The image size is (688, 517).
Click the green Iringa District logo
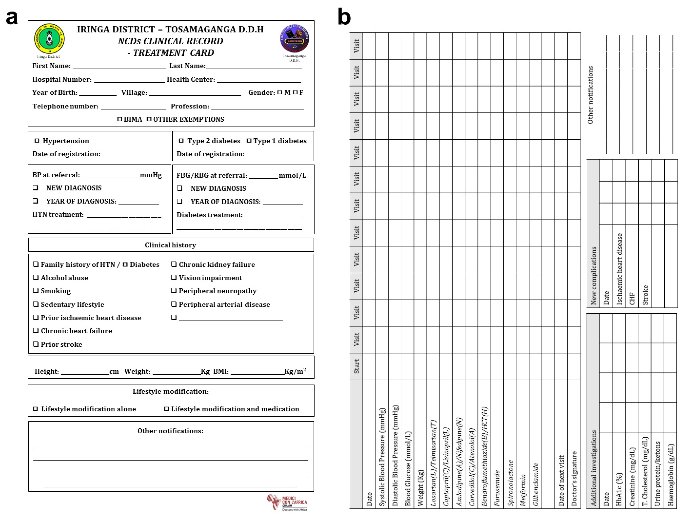tap(49, 39)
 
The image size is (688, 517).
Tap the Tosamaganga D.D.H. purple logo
tap(294, 38)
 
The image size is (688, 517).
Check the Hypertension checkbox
tap(37, 141)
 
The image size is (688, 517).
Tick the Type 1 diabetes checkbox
tap(249, 141)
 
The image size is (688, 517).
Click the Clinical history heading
tap(171, 245)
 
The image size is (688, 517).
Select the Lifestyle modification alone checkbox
tap(35, 409)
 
